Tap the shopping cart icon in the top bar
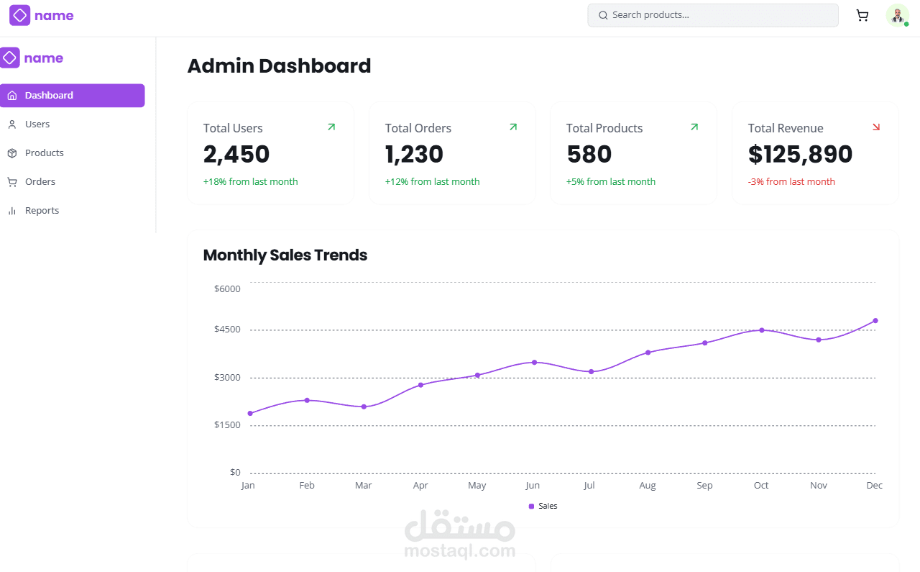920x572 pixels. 862,15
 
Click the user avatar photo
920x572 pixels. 897,15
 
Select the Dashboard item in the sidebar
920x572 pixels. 72,96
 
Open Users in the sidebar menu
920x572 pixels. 37,124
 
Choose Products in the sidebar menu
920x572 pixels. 44,153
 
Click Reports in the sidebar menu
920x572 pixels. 42,211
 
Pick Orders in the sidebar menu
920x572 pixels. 40,182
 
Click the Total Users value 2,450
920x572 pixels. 236,155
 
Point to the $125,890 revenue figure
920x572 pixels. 800,155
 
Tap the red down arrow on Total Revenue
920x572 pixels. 876,127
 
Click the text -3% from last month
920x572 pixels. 791,182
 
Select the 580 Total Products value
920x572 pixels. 589,155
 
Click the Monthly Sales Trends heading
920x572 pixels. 285,255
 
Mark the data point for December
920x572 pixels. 875,321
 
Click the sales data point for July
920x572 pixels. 592,372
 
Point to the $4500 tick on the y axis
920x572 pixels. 227,330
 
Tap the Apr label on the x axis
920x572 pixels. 420,486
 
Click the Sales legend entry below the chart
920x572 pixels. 543,507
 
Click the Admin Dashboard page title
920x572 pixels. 279,66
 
